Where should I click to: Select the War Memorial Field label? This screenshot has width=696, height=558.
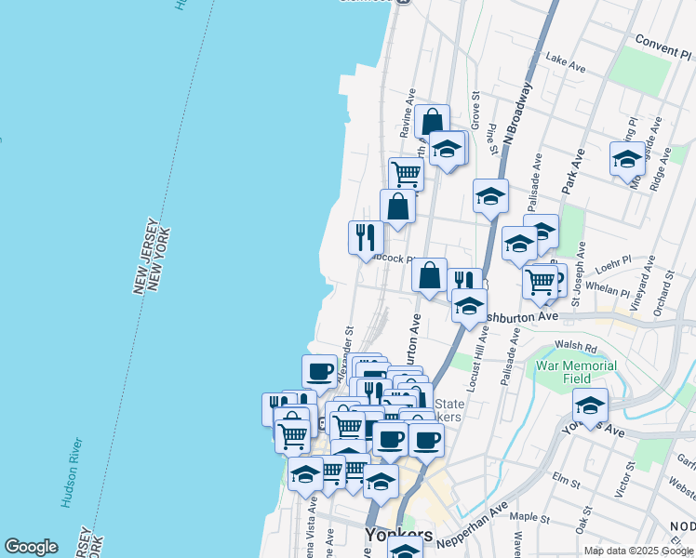click(576, 372)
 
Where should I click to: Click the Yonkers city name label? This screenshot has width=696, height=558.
click(398, 536)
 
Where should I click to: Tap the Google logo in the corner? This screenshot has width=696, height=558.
click(31, 547)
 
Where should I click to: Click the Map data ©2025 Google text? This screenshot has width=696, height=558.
click(638, 551)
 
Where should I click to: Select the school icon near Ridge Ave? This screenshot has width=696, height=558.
click(628, 158)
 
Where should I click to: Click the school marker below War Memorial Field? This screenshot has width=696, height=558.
click(590, 405)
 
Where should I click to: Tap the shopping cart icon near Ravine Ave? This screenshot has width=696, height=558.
click(406, 173)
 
